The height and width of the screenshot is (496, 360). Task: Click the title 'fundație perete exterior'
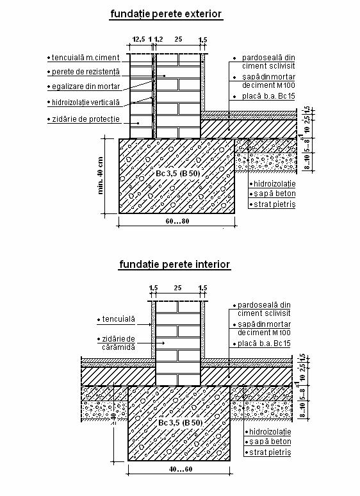click(166, 14)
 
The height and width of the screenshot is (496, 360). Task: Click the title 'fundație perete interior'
click(174, 265)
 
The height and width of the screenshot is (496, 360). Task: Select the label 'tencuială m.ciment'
click(85, 58)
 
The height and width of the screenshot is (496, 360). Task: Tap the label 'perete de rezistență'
click(86, 72)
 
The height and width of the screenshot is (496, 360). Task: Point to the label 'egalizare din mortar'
click(86, 87)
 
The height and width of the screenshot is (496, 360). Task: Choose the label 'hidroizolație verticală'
click(86, 103)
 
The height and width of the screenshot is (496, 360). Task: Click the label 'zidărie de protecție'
click(86, 119)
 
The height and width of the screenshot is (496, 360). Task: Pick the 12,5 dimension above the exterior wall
click(138, 39)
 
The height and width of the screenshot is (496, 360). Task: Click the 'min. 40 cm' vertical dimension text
click(101, 175)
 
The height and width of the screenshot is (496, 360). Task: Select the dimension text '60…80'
click(177, 221)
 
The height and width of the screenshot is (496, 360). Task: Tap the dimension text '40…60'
click(181, 469)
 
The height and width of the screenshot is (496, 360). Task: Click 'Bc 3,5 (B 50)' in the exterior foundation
click(178, 174)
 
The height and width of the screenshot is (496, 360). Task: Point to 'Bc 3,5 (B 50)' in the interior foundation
click(180, 422)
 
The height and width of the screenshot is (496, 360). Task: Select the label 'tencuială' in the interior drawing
click(119, 319)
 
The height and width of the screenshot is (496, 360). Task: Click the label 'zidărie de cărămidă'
click(119, 343)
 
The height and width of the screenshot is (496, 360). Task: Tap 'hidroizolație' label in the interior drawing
click(270, 432)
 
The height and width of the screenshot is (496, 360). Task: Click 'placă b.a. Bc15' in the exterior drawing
click(268, 96)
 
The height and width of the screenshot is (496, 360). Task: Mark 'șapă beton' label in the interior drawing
click(270, 442)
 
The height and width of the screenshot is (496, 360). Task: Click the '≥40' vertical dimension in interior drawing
click(113, 418)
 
